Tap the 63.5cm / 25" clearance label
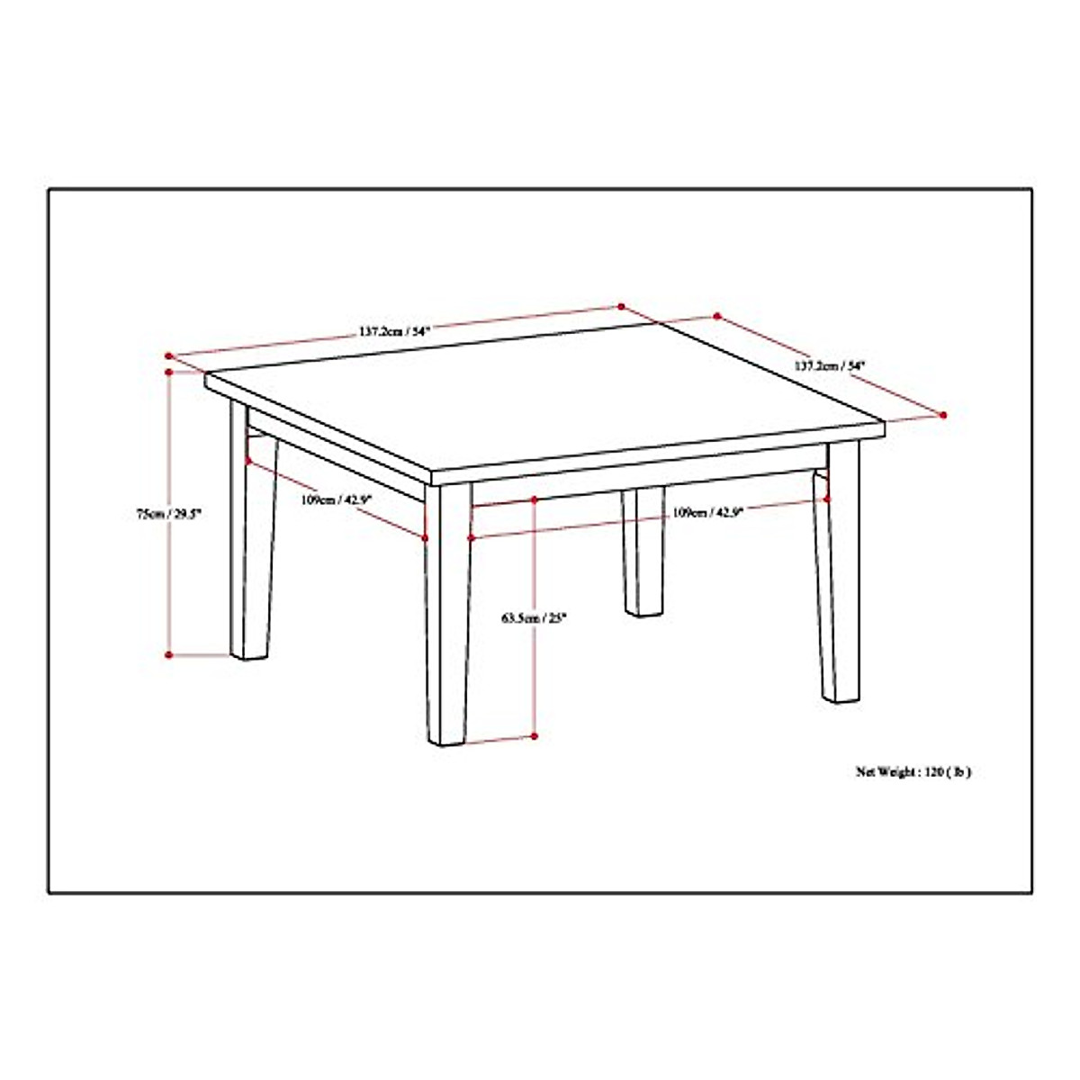pos(535,618)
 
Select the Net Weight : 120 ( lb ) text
pos(913,771)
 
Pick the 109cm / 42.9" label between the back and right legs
pos(707,512)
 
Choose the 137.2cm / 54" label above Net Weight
pos(829,365)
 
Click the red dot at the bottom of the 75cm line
pos(168,654)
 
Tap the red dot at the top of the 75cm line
pos(168,370)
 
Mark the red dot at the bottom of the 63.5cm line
pos(535,736)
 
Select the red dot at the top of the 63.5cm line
pos(535,498)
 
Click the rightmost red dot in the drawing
pos(943,415)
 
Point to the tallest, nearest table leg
pos(449,621)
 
